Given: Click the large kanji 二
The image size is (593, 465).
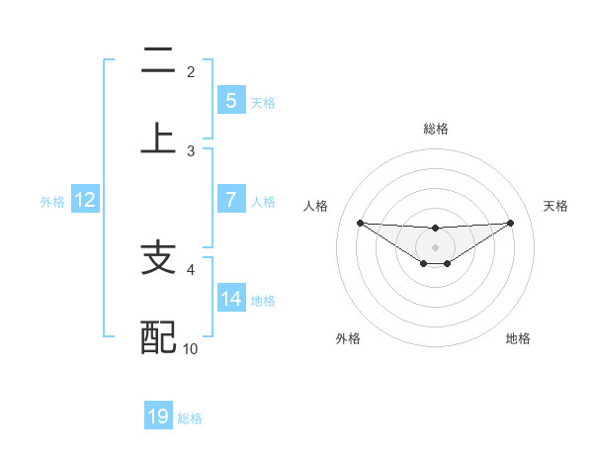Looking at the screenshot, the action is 158,60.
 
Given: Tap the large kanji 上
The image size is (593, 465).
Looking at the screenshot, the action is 158,138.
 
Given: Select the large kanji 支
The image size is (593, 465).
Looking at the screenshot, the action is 158,258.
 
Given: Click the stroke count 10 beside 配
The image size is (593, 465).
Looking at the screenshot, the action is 191,348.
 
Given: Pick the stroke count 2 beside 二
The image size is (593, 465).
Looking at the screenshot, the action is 191,71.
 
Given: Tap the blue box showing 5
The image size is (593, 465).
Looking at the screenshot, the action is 230,100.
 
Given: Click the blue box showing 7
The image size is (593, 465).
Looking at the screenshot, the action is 230,199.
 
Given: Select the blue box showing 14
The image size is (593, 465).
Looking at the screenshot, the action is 230,298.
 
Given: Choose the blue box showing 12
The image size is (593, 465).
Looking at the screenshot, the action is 85,200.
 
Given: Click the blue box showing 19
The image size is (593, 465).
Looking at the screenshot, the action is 158,417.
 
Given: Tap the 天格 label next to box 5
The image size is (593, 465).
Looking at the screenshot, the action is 263,102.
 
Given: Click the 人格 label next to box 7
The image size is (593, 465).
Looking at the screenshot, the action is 263,201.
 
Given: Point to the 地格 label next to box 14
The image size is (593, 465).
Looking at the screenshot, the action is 263,300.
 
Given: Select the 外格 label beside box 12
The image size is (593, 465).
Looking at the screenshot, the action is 52,201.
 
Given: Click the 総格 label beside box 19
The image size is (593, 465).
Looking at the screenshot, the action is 190,418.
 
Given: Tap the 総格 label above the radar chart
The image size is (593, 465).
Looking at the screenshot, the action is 435,129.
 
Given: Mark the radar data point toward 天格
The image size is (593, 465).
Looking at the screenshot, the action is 510,223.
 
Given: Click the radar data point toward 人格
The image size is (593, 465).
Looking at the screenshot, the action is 360,223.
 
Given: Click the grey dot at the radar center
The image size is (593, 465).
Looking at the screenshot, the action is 435,246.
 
